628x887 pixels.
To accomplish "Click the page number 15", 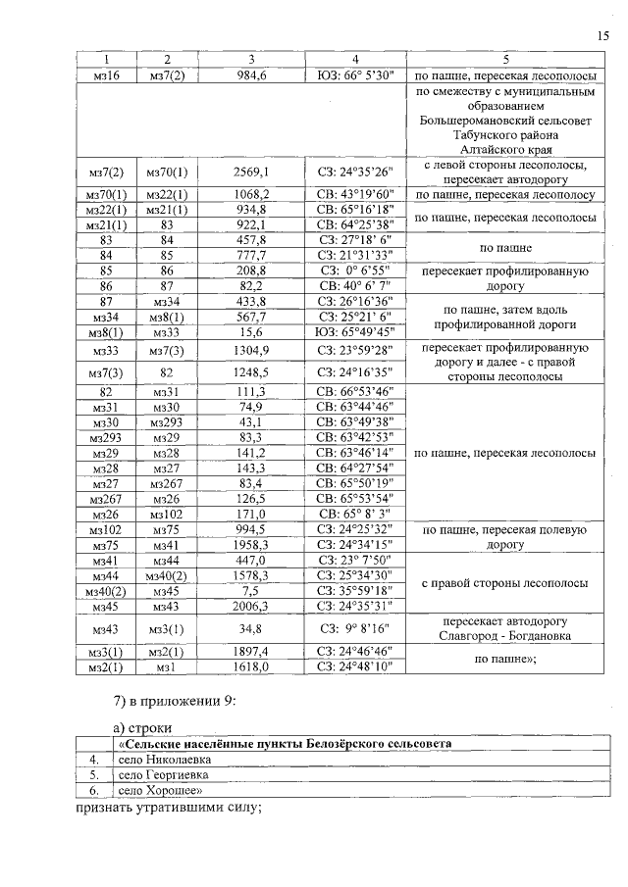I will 602,36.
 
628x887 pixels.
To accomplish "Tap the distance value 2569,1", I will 251,173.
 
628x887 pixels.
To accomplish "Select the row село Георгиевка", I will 157,773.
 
